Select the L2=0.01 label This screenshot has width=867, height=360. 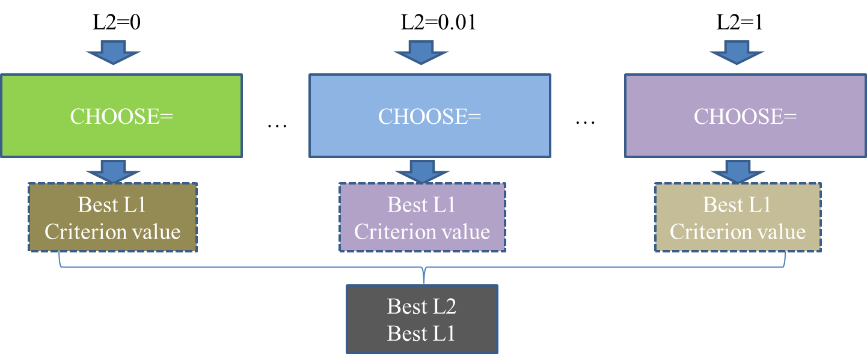[438, 23]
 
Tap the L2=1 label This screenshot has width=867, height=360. [739, 23]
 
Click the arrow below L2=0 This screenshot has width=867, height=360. [112, 52]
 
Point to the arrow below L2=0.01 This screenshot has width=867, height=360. [421, 52]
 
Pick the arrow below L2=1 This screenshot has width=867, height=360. [737, 52]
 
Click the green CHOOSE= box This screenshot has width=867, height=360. [121, 116]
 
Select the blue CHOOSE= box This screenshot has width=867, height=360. [429, 116]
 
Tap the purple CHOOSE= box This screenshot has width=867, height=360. [745, 116]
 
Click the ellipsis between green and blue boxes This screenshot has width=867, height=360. [277, 125]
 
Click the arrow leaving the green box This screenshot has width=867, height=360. [112, 171]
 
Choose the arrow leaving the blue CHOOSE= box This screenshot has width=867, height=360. [421, 171]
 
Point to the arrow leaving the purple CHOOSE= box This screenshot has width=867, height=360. [737, 171]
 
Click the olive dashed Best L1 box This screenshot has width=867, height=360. [112, 218]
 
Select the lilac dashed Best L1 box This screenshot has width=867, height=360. [421, 218]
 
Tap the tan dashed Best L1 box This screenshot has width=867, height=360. [737, 218]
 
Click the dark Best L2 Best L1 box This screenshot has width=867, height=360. [421, 319]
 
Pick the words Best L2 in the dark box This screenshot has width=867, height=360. [421, 307]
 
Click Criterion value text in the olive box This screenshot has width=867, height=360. [112, 232]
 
